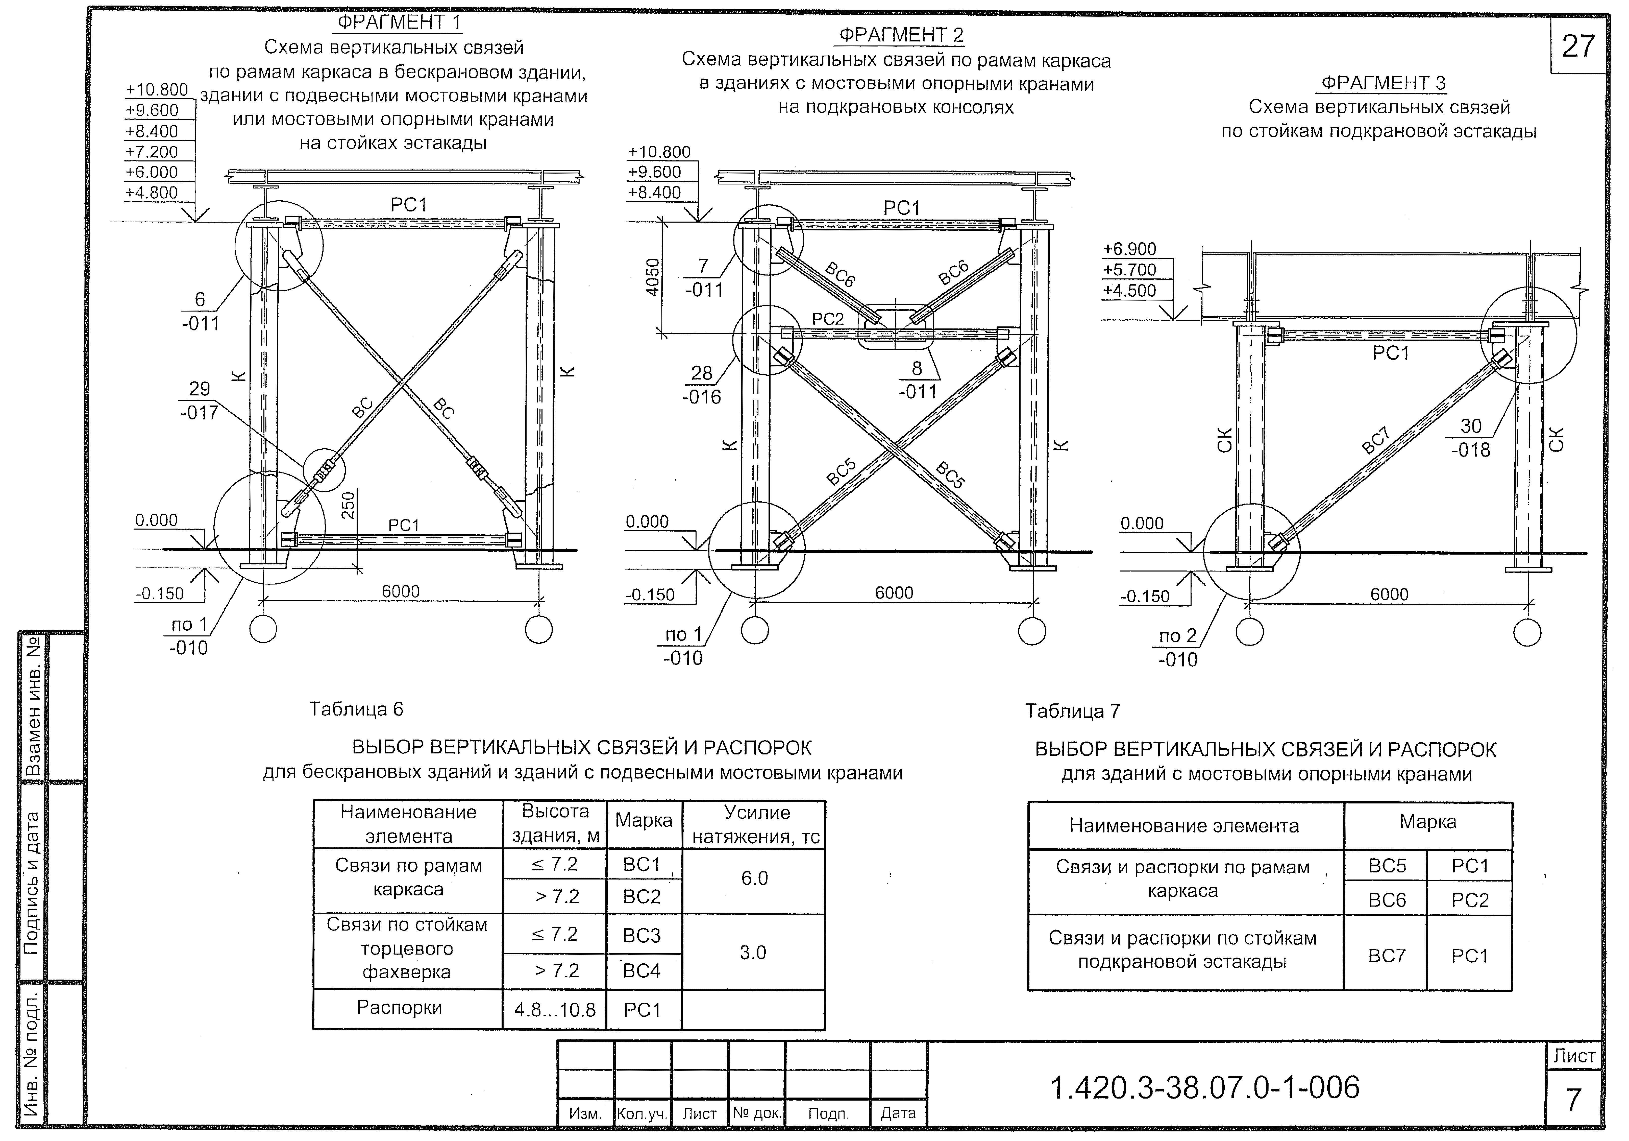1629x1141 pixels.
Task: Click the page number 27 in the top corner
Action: pyautogui.click(x=1578, y=47)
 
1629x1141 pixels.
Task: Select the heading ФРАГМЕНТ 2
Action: pyautogui.click(x=901, y=35)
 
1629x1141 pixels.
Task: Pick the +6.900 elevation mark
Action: pyautogui.click(x=1129, y=249)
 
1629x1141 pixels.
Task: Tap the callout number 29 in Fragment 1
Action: pyautogui.click(x=199, y=389)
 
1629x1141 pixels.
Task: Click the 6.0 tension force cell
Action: pyautogui.click(x=754, y=878)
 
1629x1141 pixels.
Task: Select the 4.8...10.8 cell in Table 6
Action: pyautogui.click(x=555, y=1010)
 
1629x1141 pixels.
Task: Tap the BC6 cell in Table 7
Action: pyautogui.click(x=1387, y=900)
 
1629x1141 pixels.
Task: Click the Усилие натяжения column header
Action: pyautogui.click(x=756, y=824)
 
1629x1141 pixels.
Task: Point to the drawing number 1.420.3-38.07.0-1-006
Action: pyautogui.click(x=1204, y=1087)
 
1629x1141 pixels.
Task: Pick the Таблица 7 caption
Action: pyautogui.click(x=1072, y=711)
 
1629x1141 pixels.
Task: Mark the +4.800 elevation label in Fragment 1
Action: pyautogui.click(x=151, y=192)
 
